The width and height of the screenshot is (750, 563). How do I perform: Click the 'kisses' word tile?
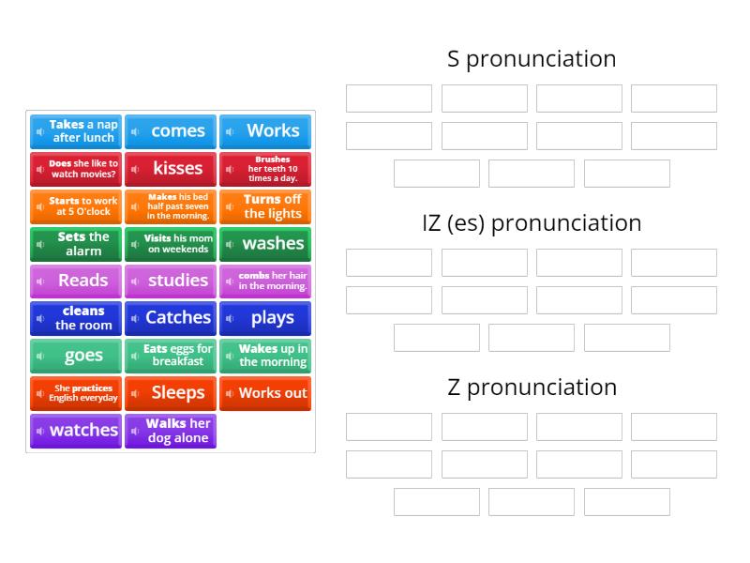pyautogui.click(x=171, y=169)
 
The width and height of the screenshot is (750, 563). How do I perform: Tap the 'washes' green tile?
pyautogui.click(x=265, y=244)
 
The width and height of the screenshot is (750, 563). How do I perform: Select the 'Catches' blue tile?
pyautogui.click(x=171, y=318)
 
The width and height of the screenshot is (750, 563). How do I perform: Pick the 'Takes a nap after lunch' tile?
pyautogui.click(x=76, y=131)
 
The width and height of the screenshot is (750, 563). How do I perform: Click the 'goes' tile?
pyautogui.click(x=76, y=356)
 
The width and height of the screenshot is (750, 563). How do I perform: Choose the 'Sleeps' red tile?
pyautogui.click(x=171, y=393)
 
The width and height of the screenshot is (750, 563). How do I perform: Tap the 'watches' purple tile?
pyautogui.click(x=76, y=431)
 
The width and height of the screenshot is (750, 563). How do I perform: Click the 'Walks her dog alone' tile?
pyautogui.click(x=171, y=431)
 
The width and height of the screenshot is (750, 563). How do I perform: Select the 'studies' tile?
pyautogui.click(x=171, y=281)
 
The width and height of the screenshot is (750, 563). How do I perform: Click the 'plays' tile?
pyautogui.click(x=265, y=318)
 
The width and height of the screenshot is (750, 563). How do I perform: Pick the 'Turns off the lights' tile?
pyautogui.click(x=265, y=206)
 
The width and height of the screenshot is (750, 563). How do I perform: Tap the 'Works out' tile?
pyautogui.click(x=265, y=393)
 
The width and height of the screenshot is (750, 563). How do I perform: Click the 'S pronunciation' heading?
pyautogui.click(x=532, y=59)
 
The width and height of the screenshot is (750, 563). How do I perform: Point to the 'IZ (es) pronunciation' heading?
pyautogui.click(x=532, y=223)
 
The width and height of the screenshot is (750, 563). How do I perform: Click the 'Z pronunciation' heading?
pyautogui.click(x=532, y=388)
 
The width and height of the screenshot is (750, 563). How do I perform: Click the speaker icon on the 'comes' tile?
pyautogui.click(x=135, y=131)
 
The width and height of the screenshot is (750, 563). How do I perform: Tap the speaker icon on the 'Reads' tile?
pyautogui.click(x=40, y=281)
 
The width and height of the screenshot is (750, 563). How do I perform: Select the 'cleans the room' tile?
pyautogui.click(x=76, y=318)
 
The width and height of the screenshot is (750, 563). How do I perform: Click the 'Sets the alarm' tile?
pyautogui.click(x=76, y=244)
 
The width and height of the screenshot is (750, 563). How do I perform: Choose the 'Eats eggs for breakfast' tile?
pyautogui.click(x=171, y=356)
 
